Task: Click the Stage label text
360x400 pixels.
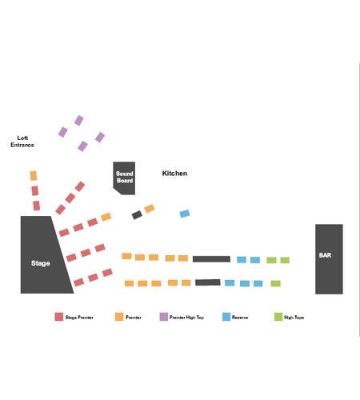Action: click(x=41, y=263)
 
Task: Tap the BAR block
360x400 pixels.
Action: click(x=329, y=259)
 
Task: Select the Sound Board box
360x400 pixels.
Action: click(x=124, y=178)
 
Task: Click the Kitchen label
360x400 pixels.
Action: click(x=174, y=174)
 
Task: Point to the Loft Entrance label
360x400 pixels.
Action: click(x=22, y=142)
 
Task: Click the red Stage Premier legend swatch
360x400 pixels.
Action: click(x=59, y=317)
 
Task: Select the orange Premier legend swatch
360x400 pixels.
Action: click(x=119, y=317)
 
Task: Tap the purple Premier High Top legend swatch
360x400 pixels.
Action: click(x=164, y=317)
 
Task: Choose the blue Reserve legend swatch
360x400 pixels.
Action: click(x=226, y=317)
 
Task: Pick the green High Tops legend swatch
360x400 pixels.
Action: click(x=278, y=317)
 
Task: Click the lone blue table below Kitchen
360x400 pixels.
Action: click(x=185, y=214)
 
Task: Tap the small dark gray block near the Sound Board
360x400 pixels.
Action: click(x=137, y=214)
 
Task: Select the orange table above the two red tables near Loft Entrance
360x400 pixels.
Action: click(x=34, y=176)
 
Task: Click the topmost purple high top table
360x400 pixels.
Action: click(x=79, y=121)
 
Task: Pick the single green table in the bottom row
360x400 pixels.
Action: click(x=276, y=283)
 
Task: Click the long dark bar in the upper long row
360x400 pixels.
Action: click(x=211, y=259)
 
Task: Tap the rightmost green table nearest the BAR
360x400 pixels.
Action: click(x=285, y=260)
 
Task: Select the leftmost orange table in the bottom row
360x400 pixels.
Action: click(x=130, y=283)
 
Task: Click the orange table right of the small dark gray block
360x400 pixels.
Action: click(x=150, y=208)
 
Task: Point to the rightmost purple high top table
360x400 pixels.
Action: click(x=100, y=138)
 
